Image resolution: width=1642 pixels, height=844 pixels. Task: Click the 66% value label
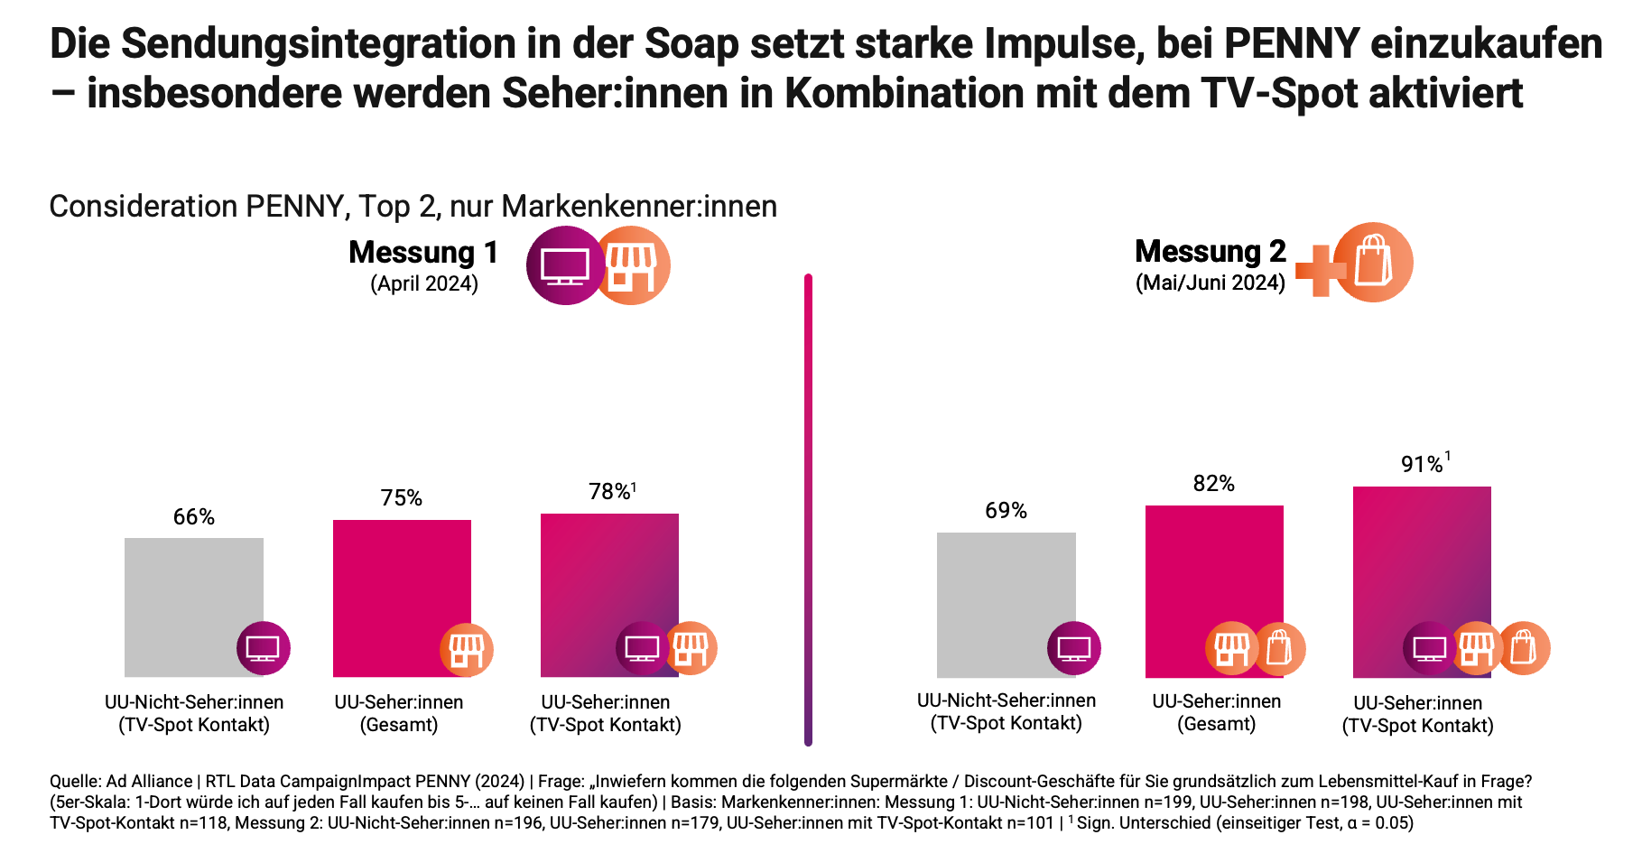(x=194, y=517)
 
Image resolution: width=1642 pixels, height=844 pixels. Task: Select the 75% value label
(x=402, y=498)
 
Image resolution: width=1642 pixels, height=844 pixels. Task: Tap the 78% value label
(x=611, y=492)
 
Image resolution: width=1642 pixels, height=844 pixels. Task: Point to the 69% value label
(x=1007, y=511)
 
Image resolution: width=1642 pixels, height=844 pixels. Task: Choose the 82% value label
(x=1214, y=484)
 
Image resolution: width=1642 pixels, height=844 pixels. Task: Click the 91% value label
(x=1424, y=464)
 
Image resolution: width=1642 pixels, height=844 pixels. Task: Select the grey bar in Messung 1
(x=193, y=596)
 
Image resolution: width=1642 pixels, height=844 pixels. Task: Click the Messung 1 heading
(x=423, y=253)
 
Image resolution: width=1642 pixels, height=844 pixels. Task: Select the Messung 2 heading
(x=1210, y=251)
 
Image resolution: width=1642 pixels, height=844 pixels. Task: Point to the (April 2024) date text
(x=424, y=284)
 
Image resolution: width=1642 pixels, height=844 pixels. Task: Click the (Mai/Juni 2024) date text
(x=1210, y=283)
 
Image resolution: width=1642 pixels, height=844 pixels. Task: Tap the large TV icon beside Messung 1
(x=565, y=265)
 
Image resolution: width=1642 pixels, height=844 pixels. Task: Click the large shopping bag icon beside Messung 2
(x=1373, y=262)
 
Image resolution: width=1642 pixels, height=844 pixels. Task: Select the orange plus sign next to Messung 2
(x=1319, y=270)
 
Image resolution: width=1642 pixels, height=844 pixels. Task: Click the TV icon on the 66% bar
(x=263, y=648)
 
